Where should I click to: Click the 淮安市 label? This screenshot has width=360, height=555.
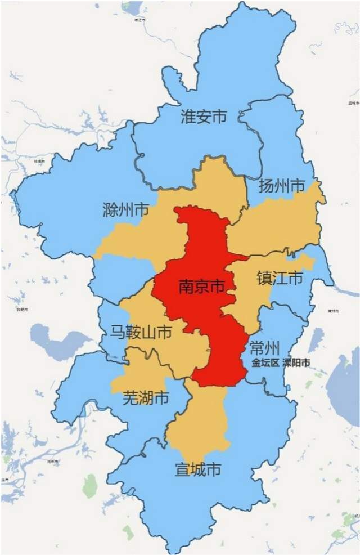click(x=203, y=117)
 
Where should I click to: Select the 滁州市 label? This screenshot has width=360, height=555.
click(x=126, y=210)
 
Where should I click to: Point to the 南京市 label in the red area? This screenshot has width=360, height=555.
click(x=201, y=287)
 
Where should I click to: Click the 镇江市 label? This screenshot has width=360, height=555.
click(x=280, y=277)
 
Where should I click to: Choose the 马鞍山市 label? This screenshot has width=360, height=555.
click(x=141, y=333)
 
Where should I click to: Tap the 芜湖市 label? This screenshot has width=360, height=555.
click(x=146, y=399)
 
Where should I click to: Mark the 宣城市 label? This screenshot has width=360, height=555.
click(x=197, y=469)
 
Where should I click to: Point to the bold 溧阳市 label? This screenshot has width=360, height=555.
click(x=296, y=363)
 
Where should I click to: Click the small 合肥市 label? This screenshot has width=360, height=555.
click(x=22, y=309)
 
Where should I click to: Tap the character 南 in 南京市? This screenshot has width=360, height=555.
click(x=185, y=287)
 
